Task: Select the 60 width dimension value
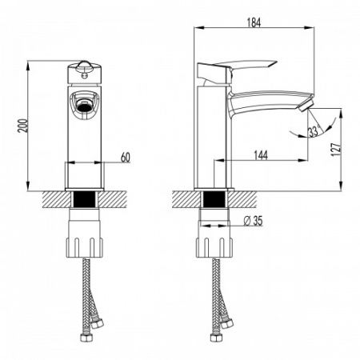click(126, 157)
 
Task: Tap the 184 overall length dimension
click(254, 22)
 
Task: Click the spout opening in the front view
click(85, 102)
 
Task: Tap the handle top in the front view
click(85, 66)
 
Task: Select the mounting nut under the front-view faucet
click(85, 234)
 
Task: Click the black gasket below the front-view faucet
click(85, 200)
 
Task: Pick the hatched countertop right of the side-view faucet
click(248, 196)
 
